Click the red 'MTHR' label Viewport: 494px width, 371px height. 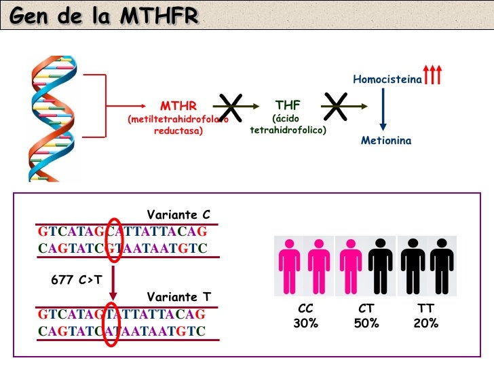178,106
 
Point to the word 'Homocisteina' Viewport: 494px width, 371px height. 387,80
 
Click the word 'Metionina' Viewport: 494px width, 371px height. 386,141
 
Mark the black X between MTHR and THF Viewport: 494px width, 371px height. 231,109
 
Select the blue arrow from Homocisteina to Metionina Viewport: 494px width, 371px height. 383,109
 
